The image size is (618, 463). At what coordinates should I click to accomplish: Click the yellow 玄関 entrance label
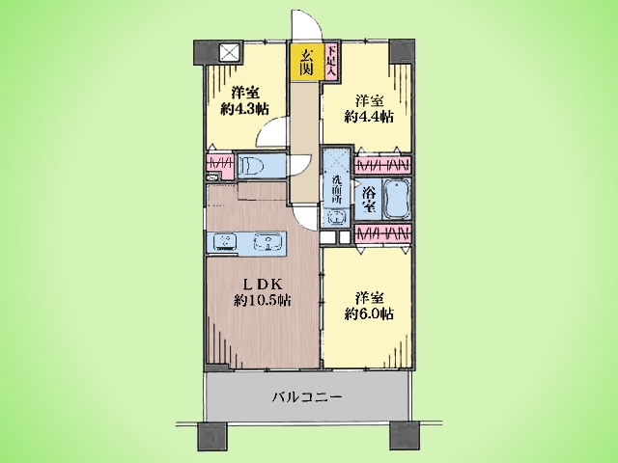pos(306,63)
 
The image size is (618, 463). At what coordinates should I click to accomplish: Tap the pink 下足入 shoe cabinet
pos(332,62)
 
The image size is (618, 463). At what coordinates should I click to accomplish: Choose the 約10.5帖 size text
pos(263,301)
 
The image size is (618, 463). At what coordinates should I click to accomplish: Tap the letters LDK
pos(262,285)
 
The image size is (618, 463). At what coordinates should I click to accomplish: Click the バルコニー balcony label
pos(307,396)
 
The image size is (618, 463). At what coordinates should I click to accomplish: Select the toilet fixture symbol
pos(251,165)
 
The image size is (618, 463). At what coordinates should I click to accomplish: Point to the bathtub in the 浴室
pos(397,200)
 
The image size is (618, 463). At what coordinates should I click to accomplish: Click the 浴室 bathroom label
pos(369,200)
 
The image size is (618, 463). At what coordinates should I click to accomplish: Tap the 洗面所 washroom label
pos(336,189)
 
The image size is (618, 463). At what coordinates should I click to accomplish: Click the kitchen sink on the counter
pos(268,242)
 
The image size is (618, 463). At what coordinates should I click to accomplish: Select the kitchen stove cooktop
pos(225,242)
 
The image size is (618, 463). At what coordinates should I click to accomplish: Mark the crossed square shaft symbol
pos(230,53)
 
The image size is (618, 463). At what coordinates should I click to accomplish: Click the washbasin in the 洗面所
pos(336,216)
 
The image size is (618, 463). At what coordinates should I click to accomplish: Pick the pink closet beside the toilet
pos(219,165)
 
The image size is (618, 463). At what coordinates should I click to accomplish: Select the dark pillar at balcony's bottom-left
pos(211,436)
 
